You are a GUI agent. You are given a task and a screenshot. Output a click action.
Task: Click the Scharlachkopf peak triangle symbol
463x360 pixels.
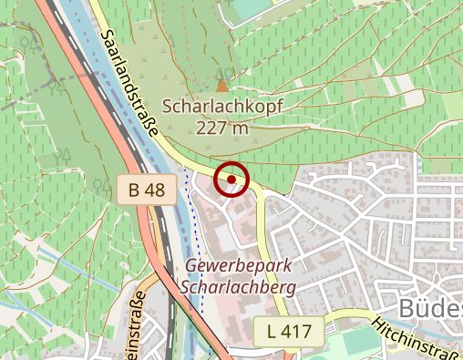click(223, 84)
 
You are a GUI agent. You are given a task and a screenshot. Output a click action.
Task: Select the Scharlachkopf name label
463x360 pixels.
click(222, 107)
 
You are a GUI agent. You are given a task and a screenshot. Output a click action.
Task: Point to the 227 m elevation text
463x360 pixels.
click(221, 128)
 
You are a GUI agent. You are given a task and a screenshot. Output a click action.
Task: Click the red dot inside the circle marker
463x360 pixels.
click(231, 180)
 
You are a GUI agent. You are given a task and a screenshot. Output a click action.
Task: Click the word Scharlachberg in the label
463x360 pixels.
click(239, 287)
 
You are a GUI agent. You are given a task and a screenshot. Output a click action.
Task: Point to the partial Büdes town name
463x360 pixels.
click(430, 308)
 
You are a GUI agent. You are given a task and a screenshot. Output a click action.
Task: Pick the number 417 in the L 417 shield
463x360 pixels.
click(303, 333)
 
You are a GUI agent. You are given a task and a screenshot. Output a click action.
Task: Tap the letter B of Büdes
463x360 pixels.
click(407, 308)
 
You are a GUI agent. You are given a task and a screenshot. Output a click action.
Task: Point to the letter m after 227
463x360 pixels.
click(241, 128)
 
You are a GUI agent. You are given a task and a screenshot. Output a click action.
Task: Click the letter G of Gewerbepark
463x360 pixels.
click(190, 266)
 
